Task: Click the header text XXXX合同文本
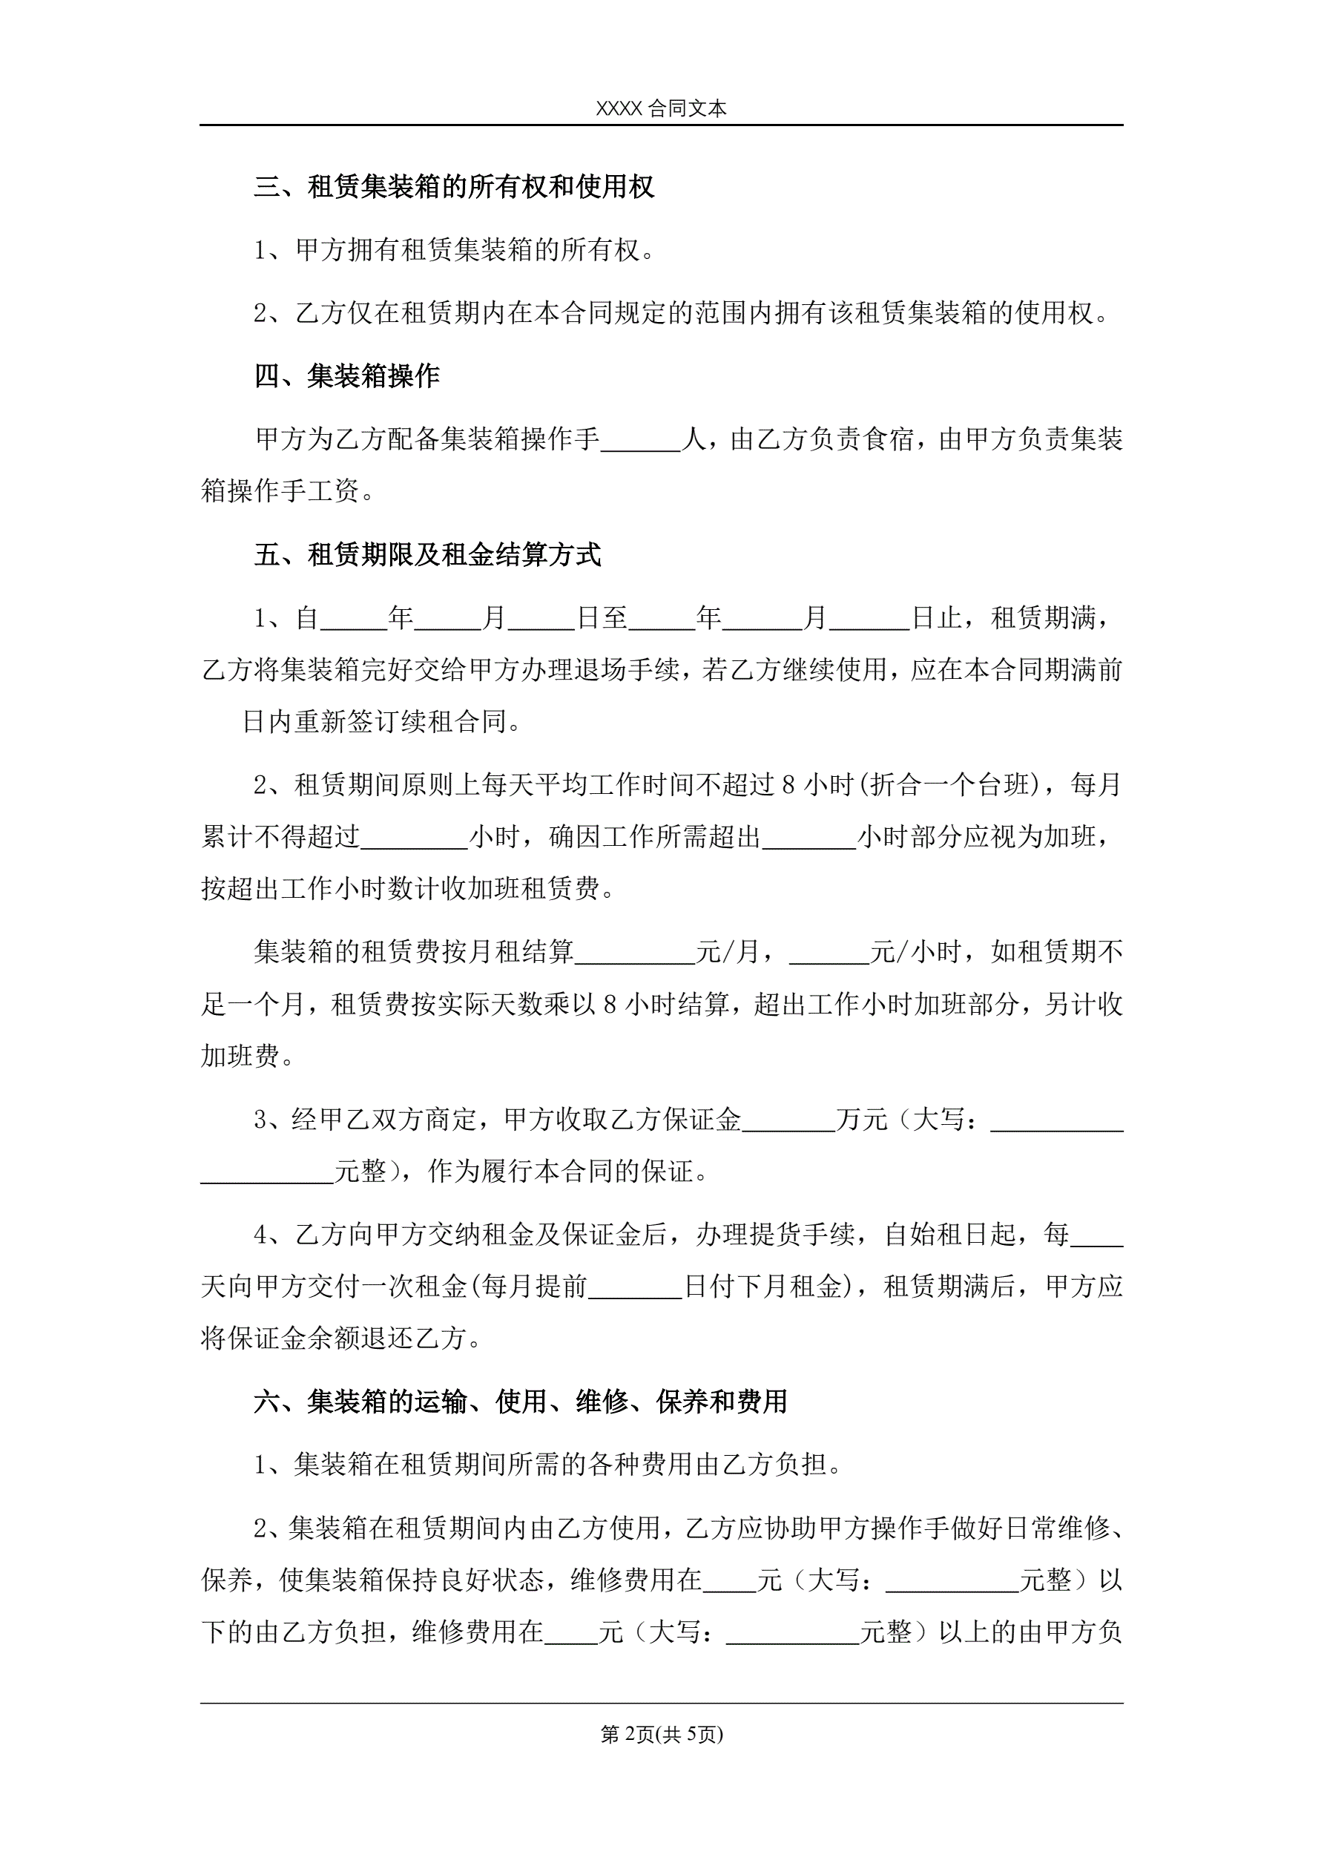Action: (661, 108)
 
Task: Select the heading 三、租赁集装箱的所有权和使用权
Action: (454, 187)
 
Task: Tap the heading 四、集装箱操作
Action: (347, 376)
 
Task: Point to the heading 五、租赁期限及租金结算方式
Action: (428, 555)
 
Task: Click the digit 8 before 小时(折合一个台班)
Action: (788, 785)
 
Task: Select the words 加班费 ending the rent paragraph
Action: (240, 1057)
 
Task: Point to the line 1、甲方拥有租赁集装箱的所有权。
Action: (454, 250)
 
